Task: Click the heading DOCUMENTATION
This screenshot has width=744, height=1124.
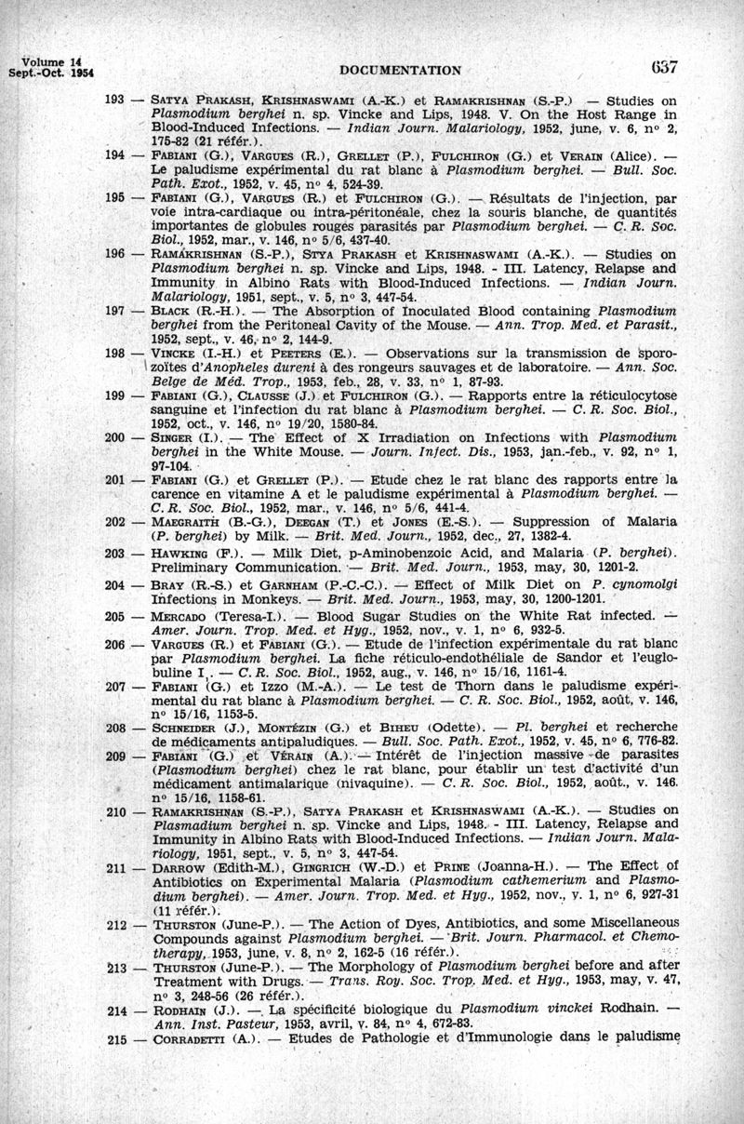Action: pyautogui.click(x=402, y=69)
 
